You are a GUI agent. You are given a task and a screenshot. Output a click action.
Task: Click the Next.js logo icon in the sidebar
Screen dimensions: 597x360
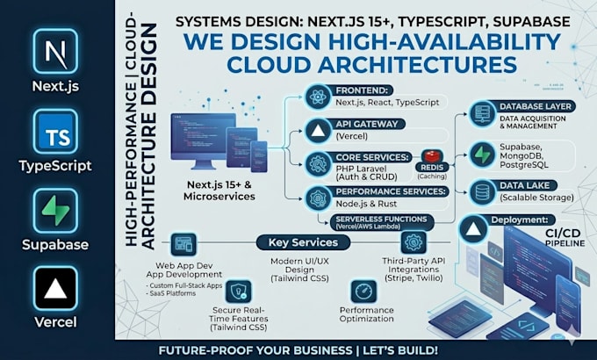click(x=55, y=51)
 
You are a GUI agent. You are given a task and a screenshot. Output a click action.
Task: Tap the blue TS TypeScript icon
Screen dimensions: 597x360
click(x=55, y=132)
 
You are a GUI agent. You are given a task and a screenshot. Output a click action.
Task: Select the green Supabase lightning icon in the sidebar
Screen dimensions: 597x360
click(x=55, y=211)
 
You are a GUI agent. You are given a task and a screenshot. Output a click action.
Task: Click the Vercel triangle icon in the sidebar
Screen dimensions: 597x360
click(x=55, y=288)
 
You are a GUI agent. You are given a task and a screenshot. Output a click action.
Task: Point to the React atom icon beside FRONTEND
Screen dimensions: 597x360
click(x=318, y=97)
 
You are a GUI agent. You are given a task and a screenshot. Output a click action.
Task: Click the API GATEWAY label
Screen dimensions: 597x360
click(x=361, y=124)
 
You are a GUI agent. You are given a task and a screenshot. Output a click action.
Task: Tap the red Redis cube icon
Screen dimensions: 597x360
click(x=432, y=156)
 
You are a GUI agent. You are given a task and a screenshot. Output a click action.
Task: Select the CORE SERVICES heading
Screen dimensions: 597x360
click(x=373, y=157)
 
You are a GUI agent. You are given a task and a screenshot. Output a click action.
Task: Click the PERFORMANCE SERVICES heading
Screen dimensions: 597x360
click(x=391, y=191)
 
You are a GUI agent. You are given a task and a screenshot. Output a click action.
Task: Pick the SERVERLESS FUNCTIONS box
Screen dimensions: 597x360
click(x=382, y=222)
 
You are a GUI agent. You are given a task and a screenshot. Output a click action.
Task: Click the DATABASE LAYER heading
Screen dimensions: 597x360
click(x=536, y=106)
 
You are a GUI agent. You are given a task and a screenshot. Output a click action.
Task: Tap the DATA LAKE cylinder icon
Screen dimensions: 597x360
click(x=482, y=192)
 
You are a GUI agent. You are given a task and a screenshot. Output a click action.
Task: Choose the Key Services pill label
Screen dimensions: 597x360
click(x=303, y=242)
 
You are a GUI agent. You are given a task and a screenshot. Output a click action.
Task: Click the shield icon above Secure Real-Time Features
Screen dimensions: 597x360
click(x=238, y=292)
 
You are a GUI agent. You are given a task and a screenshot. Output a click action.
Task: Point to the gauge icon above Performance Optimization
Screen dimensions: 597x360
click(x=363, y=292)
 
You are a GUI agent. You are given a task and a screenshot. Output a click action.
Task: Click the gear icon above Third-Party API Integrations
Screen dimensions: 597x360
click(x=414, y=242)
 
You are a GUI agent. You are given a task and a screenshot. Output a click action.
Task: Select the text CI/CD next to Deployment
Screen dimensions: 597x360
click(x=563, y=234)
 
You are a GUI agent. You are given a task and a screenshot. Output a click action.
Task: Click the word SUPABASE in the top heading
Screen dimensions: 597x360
click(x=531, y=21)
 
